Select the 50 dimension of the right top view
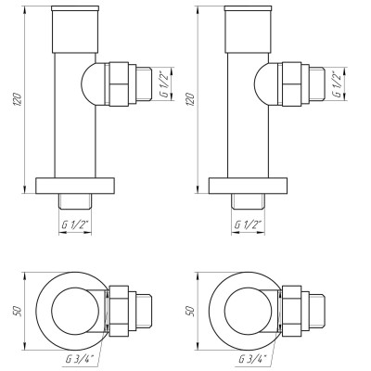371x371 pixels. click(x=191, y=313)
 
